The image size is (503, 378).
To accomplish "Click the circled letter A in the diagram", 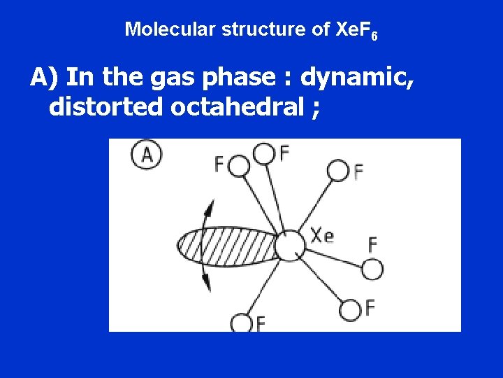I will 147,154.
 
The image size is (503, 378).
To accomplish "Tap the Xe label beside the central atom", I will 322,235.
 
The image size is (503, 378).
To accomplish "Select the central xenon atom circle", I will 289,245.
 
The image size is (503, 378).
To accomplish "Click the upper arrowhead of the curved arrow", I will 207,204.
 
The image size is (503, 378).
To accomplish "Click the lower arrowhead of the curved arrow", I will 206,283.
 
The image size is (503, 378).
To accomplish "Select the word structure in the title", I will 247,29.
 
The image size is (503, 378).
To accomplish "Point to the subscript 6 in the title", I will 374,35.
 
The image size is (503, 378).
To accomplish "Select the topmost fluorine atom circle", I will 263,152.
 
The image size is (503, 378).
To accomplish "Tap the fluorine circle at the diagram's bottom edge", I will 242,323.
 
